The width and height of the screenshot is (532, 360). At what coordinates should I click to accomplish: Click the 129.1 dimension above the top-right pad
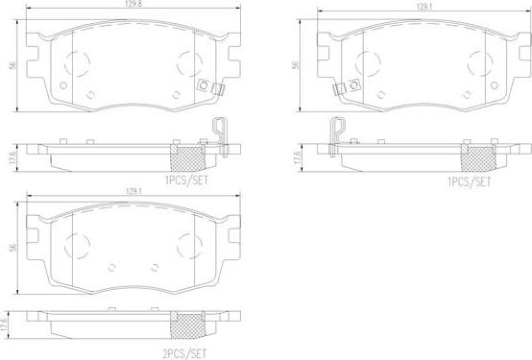click(x=424, y=7)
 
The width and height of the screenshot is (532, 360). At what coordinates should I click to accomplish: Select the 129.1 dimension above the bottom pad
click(x=133, y=191)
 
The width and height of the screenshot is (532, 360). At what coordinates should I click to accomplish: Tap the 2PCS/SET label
click(x=185, y=353)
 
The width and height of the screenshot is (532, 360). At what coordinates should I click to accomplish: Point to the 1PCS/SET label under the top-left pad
click(x=186, y=180)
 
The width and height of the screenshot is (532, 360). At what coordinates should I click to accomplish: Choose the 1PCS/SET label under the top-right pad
click(x=470, y=182)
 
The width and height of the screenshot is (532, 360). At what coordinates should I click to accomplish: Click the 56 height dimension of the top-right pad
click(x=296, y=65)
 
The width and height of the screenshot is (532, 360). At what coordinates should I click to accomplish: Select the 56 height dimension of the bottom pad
click(x=13, y=248)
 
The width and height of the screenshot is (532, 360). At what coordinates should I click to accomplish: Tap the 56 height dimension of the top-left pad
click(x=12, y=65)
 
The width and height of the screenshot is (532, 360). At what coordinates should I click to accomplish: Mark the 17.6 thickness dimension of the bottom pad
click(x=4, y=324)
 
